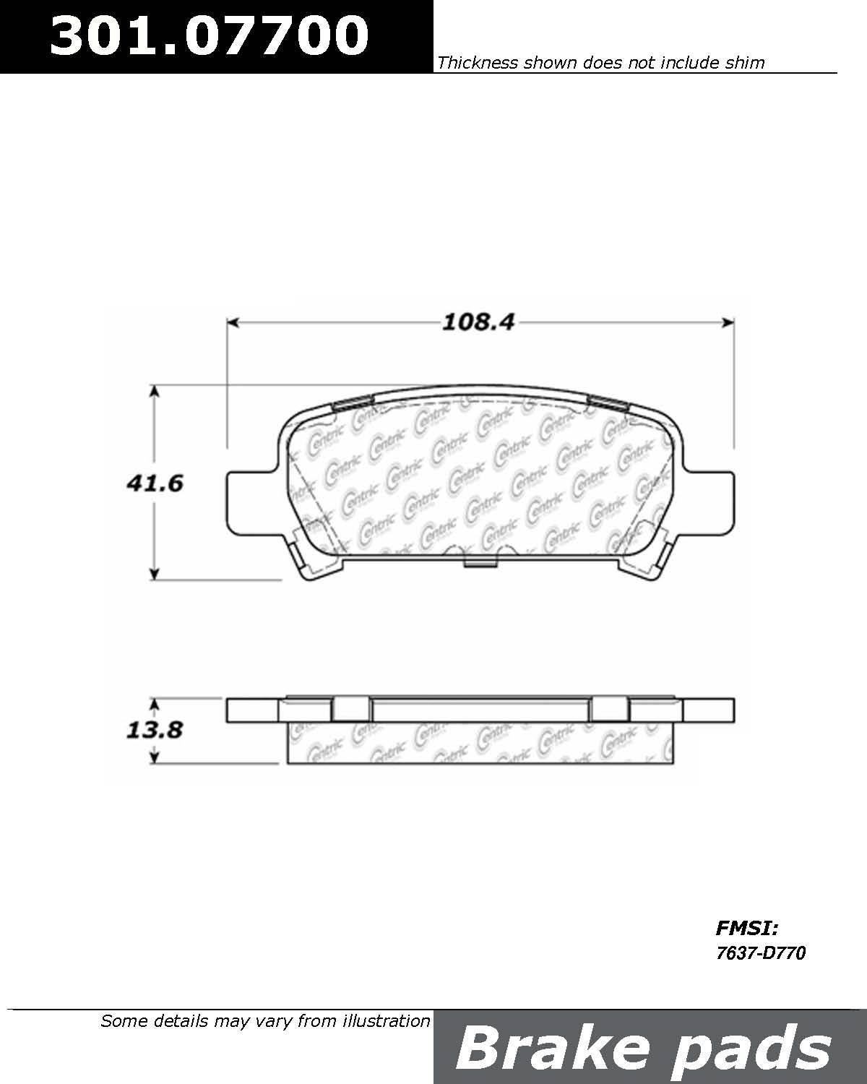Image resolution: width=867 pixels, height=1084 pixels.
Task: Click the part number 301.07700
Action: pyautogui.click(x=209, y=35)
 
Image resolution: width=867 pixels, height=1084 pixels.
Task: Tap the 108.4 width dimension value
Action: pyautogui.click(x=478, y=322)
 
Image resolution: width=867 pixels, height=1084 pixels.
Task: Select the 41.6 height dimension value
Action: pyautogui.click(x=154, y=483)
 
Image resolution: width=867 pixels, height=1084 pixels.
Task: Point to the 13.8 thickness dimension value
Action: pyautogui.click(x=154, y=730)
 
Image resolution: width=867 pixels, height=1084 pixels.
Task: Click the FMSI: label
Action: pyautogui.click(x=746, y=928)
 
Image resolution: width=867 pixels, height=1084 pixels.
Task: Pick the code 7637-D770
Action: pyautogui.click(x=760, y=953)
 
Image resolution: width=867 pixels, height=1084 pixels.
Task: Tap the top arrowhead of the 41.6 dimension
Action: pyautogui.click(x=154, y=390)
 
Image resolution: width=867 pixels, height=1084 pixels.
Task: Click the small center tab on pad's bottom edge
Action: pyautogui.click(x=479, y=563)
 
